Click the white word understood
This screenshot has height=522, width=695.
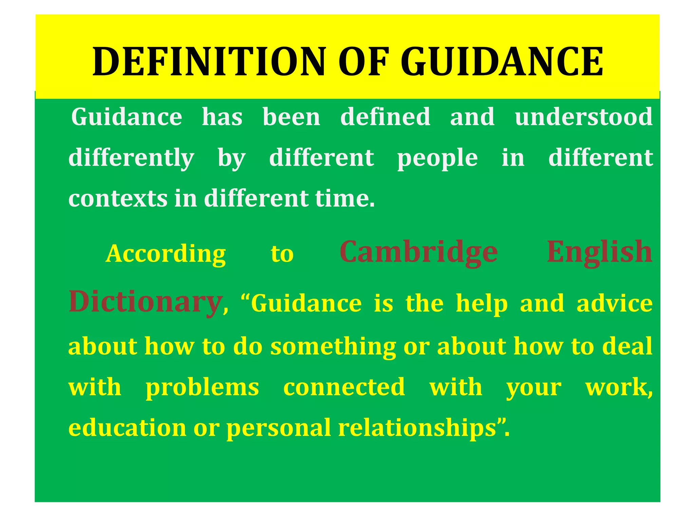[x=583, y=117]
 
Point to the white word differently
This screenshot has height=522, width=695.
[x=131, y=158]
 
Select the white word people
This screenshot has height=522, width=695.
[x=437, y=158]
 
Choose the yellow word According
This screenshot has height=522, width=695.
[x=166, y=254]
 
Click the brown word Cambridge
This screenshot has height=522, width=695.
[x=419, y=252]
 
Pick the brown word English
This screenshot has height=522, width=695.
[x=600, y=252]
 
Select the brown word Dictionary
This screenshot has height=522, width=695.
[x=145, y=302]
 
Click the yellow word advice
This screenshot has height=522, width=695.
[x=615, y=303]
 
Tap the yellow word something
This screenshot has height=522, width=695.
[x=333, y=347]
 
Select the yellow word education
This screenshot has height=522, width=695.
[x=127, y=428]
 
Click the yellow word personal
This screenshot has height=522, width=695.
[x=279, y=428]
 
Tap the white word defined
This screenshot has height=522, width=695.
[x=385, y=117]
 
